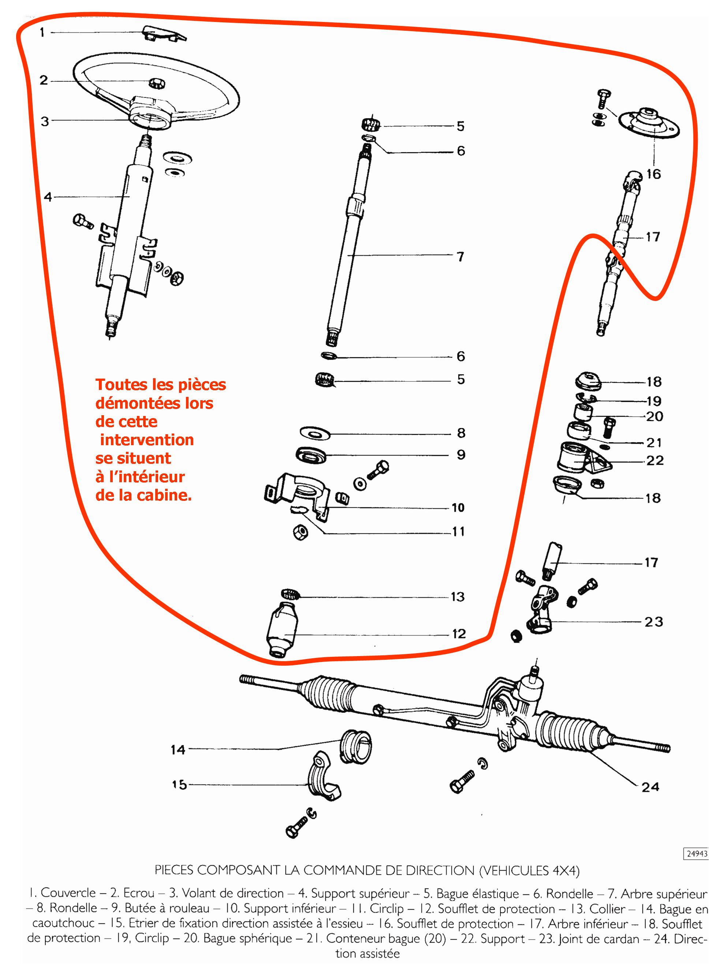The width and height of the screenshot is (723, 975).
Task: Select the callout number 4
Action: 48,197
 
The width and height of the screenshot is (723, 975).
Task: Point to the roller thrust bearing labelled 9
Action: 312,454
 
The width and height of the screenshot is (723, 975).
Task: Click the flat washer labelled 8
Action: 315,433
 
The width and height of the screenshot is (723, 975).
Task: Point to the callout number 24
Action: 650,787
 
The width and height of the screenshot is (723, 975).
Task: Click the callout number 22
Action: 654,460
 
